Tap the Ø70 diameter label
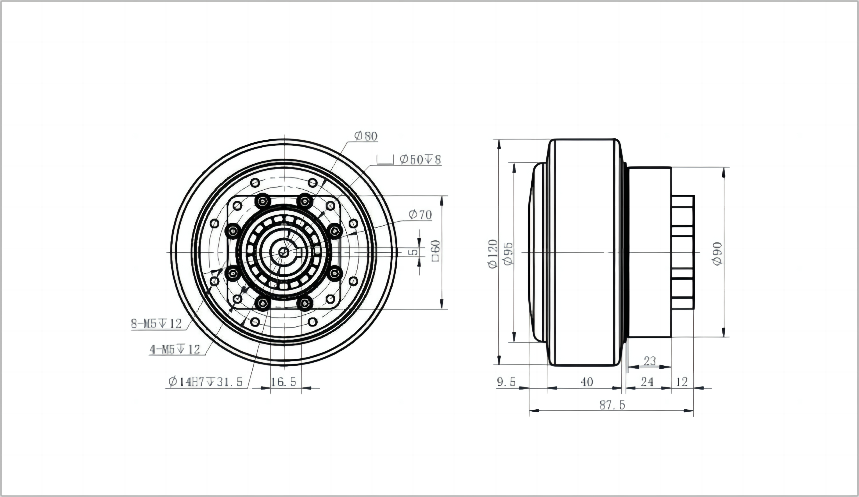coord(420,215)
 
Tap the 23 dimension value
coord(650,361)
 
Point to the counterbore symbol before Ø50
coord(385,160)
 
